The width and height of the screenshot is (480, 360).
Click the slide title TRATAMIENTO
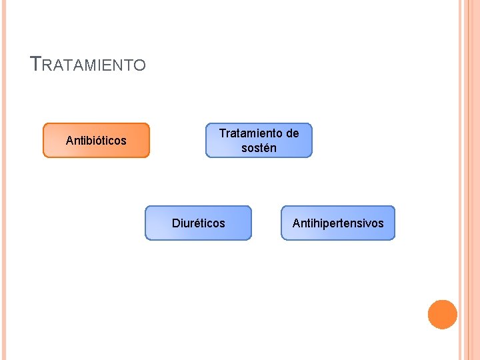coord(88,65)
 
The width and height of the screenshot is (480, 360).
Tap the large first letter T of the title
coord(36,64)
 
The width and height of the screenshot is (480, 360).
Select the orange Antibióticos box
coord(96,140)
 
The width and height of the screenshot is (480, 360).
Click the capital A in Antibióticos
coord(69,141)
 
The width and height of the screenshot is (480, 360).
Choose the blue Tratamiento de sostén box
coord(259,140)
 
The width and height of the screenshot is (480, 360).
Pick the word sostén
coord(259,148)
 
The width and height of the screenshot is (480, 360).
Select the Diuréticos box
coord(199,223)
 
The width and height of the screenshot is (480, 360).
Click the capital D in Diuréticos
coord(176,223)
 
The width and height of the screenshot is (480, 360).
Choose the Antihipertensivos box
coord(338,223)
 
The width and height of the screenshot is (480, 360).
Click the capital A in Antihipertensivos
coord(296,223)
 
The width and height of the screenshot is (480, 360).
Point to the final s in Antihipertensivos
coord(381,223)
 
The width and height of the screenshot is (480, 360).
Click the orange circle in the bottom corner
coord(442,315)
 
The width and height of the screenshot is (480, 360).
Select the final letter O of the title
coord(139,65)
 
